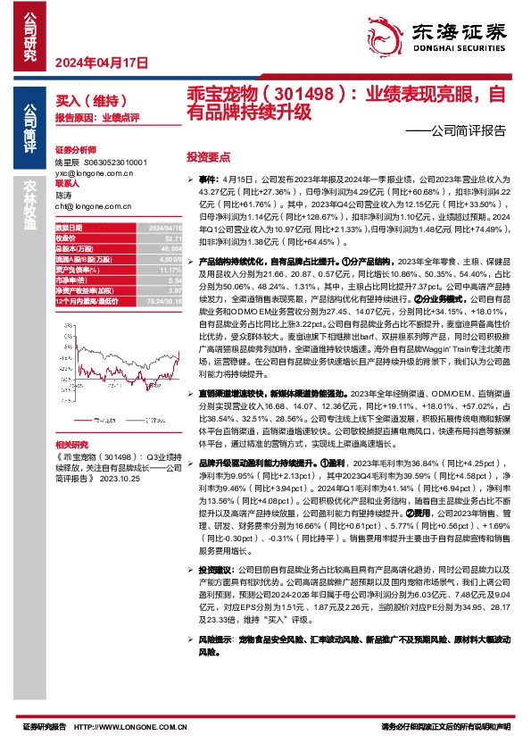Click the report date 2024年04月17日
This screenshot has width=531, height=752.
(101, 63)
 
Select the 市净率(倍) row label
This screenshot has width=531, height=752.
(72, 280)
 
